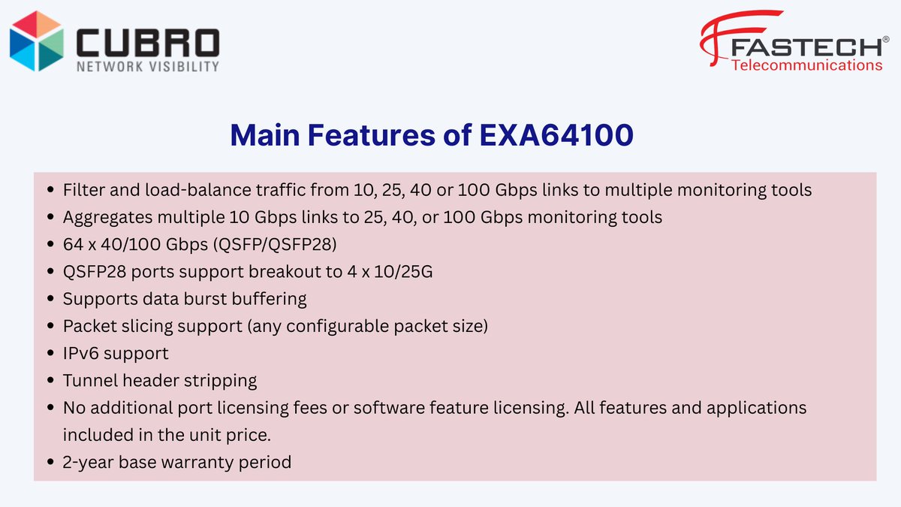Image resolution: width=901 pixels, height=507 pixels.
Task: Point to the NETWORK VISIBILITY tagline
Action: point(147,66)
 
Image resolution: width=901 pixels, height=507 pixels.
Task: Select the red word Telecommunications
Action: point(806,65)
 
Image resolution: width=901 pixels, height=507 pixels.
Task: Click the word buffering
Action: point(268,298)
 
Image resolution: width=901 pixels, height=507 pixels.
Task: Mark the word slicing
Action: point(149,326)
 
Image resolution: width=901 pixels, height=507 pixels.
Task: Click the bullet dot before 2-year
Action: point(50,462)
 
